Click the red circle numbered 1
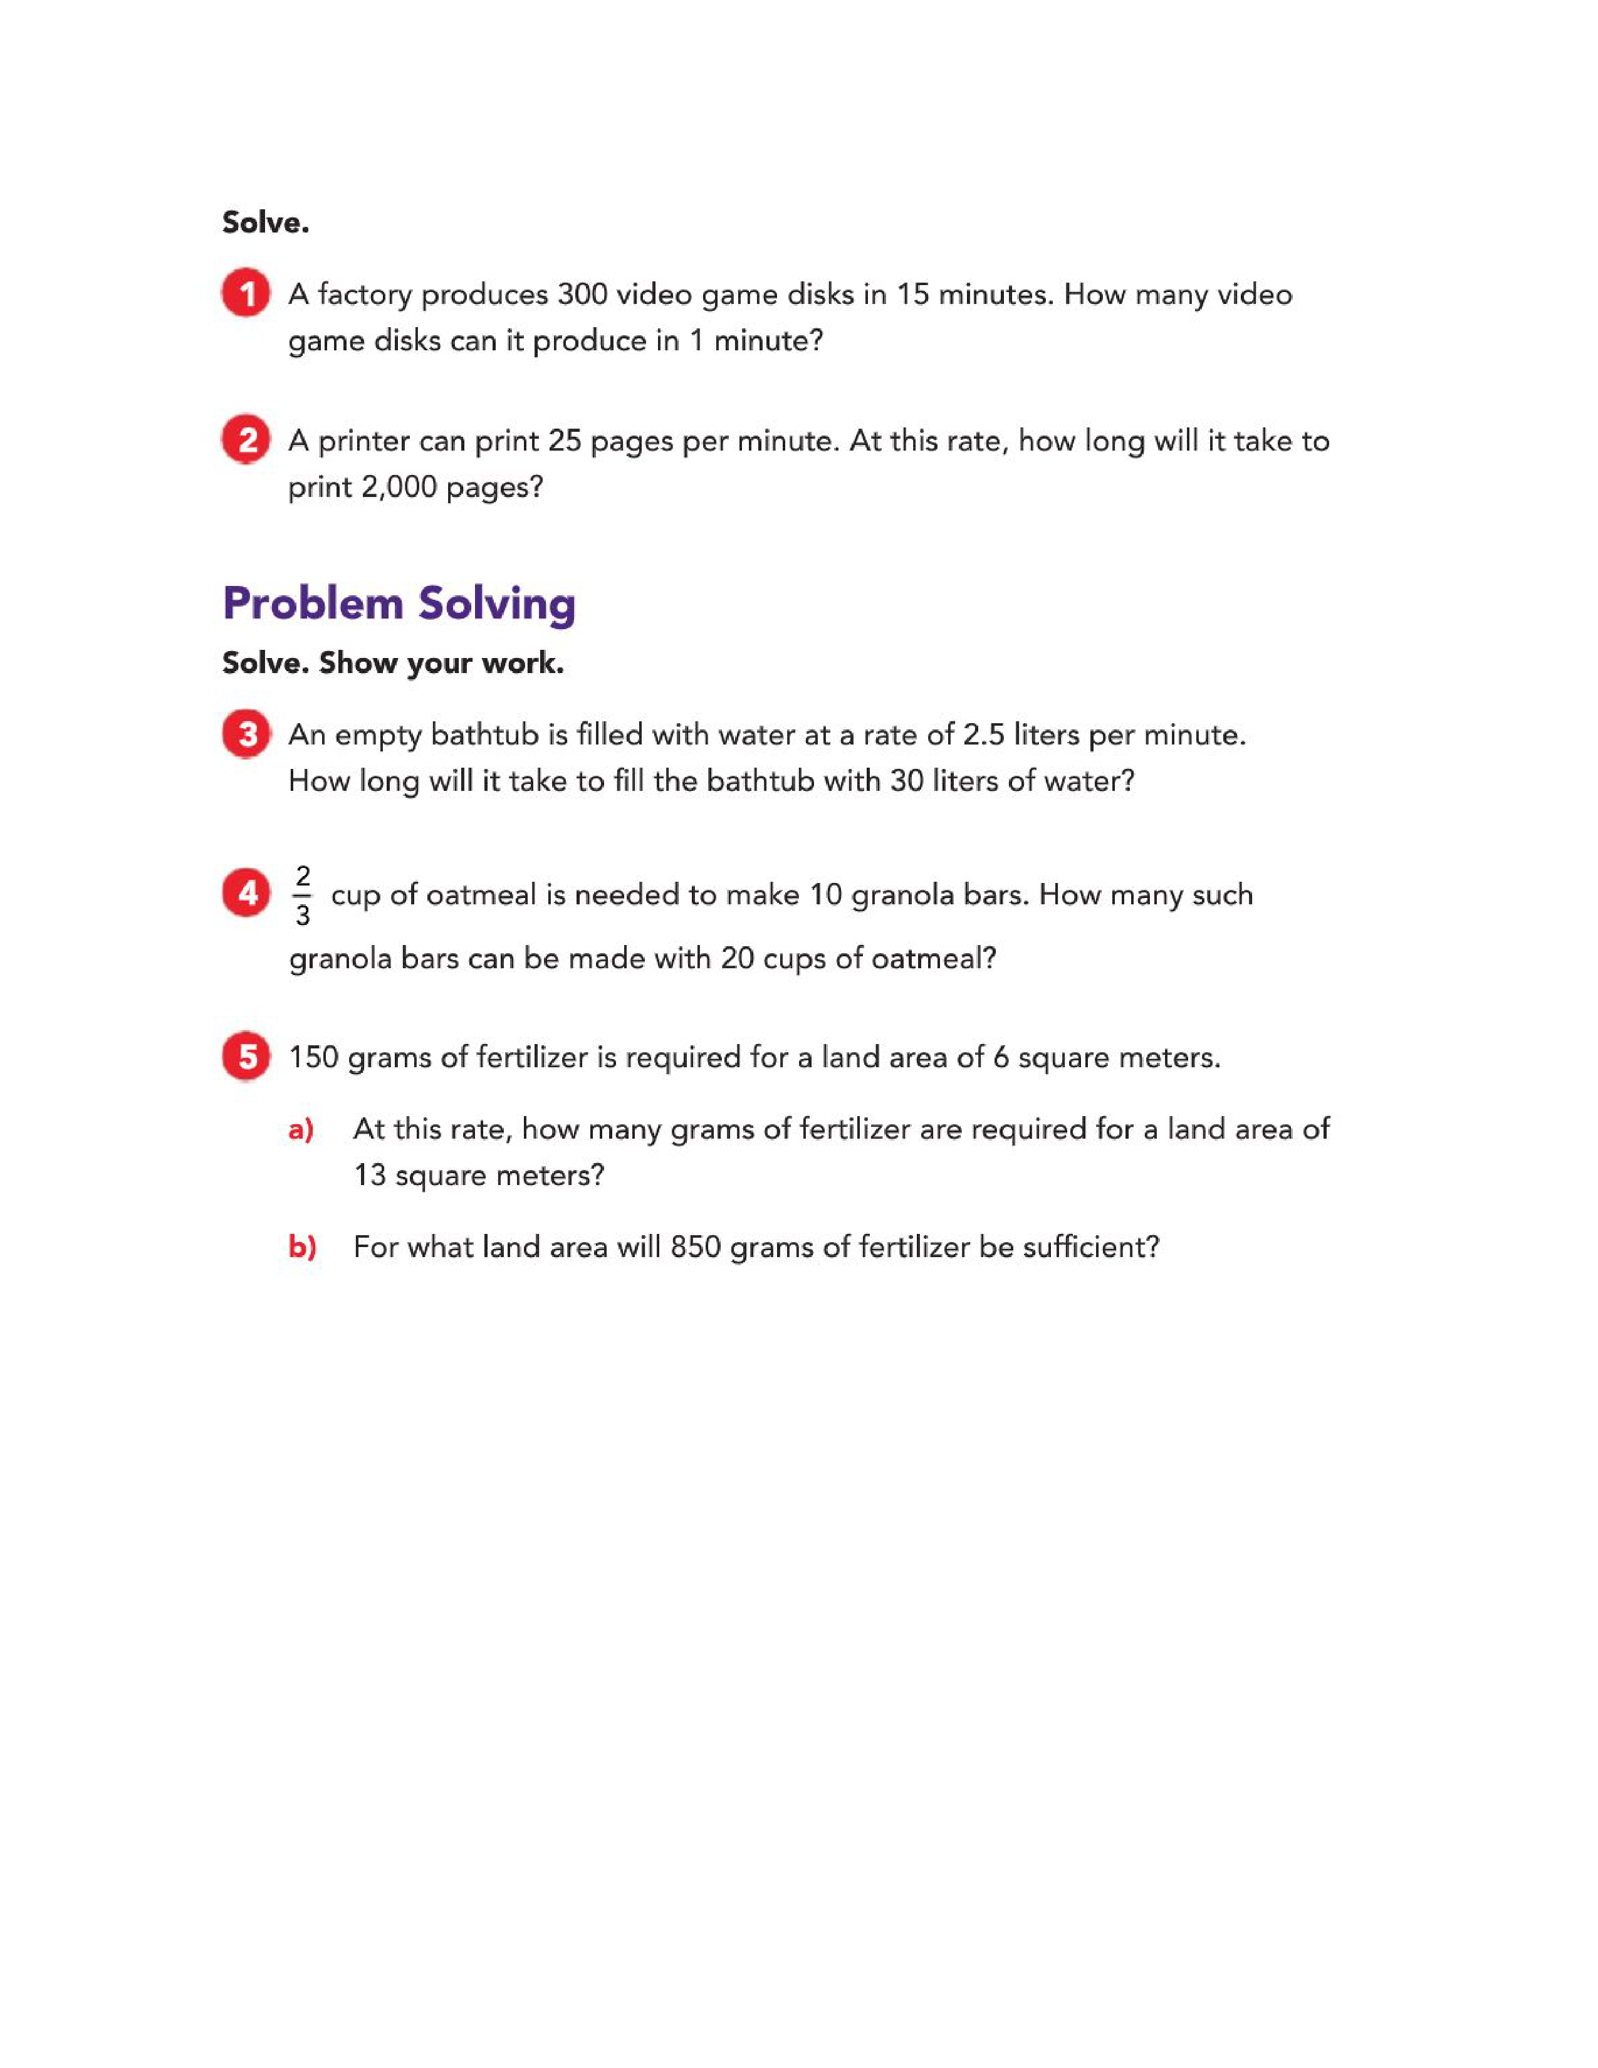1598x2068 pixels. (x=246, y=293)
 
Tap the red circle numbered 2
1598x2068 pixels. (x=246, y=441)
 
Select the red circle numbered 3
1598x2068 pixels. (x=246, y=734)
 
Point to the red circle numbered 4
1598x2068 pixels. (x=246, y=893)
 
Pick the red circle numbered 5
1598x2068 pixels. (x=246, y=1056)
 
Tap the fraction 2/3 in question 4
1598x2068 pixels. (x=302, y=895)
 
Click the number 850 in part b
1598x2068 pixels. (x=695, y=1247)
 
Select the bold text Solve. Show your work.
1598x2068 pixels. (x=393, y=663)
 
